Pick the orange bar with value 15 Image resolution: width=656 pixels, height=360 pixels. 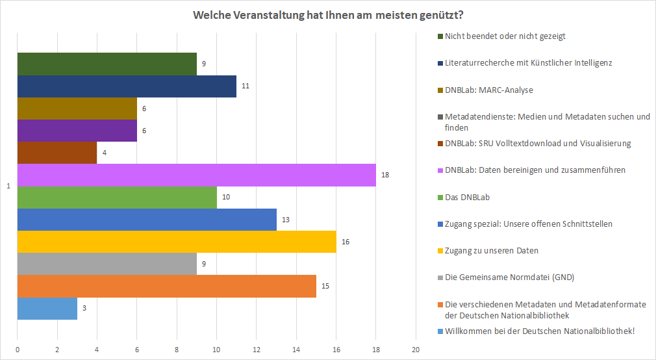coord(166,286)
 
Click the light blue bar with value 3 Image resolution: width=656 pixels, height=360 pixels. coord(47,309)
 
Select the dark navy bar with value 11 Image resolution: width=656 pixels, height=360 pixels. coord(127,86)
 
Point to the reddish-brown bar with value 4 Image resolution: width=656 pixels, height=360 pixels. coord(57,153)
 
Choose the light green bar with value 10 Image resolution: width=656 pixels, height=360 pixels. coord(117,197)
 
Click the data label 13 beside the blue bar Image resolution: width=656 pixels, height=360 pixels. coord(284,220)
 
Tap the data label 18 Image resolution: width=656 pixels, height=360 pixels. coord(385,175)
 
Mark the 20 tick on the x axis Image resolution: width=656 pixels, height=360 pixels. coord(416,350)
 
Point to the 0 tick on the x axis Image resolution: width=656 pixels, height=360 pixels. coord(17,350)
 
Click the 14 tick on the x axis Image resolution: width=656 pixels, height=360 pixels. coord(296,350)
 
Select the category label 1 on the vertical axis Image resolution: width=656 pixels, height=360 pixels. coord(8,186)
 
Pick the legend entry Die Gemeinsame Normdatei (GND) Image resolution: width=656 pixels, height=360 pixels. coord(509,277)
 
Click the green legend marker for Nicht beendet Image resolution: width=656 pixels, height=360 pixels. coord(440,36)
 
